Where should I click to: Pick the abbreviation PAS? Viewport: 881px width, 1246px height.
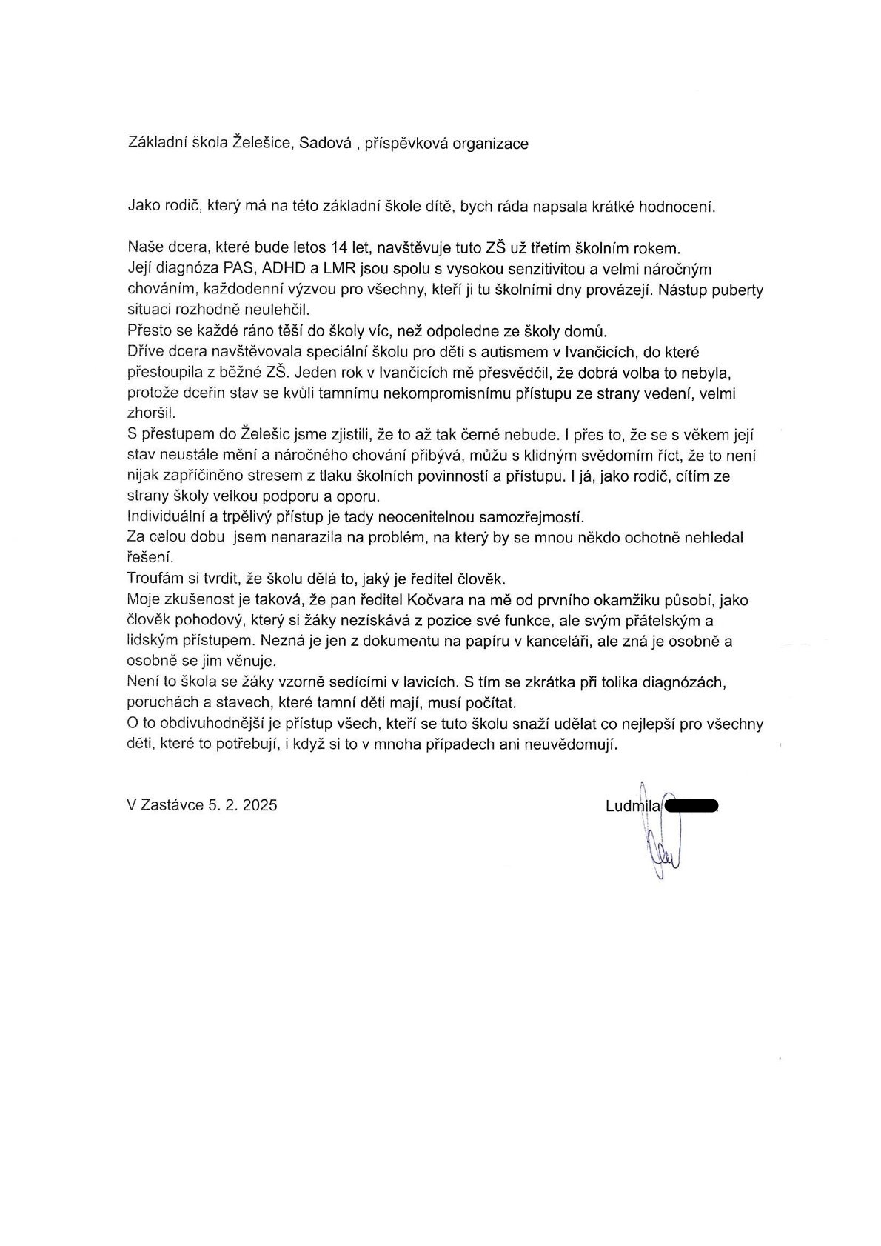[x=238, y=269]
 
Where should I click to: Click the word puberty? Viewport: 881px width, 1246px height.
[x=737, y=290]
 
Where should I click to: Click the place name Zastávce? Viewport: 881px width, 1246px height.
[x=172, y=805]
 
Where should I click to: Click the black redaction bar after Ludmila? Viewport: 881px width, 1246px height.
[x=691, y=805]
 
